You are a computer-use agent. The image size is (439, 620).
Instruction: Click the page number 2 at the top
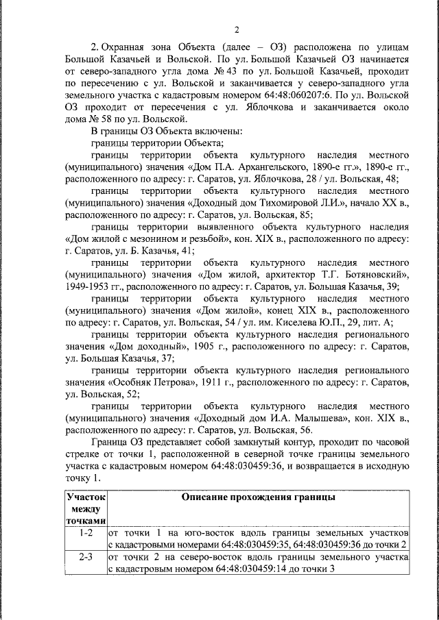(235, 29)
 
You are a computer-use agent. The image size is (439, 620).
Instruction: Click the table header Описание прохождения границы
(257, 497)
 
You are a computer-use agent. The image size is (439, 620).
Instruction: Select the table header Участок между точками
(86, 508)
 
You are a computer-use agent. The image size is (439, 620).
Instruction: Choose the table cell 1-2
(86, 532)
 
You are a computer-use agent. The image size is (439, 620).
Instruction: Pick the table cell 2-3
(86, 557)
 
